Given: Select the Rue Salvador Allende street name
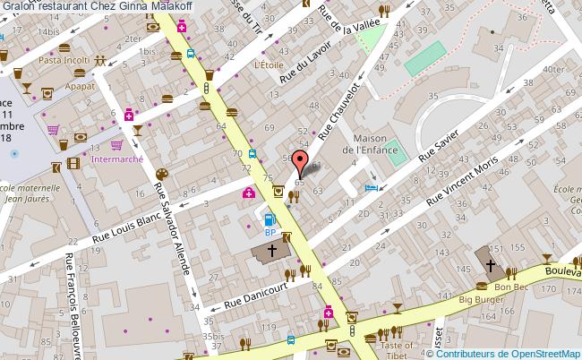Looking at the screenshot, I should [x=175, y=229].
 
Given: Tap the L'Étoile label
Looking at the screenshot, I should [x=268, y=64].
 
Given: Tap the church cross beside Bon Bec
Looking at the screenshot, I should [x=491, y=265].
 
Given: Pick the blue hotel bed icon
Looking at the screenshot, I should [x=372, y=187].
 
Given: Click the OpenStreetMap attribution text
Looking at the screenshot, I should [x=508, y=353].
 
